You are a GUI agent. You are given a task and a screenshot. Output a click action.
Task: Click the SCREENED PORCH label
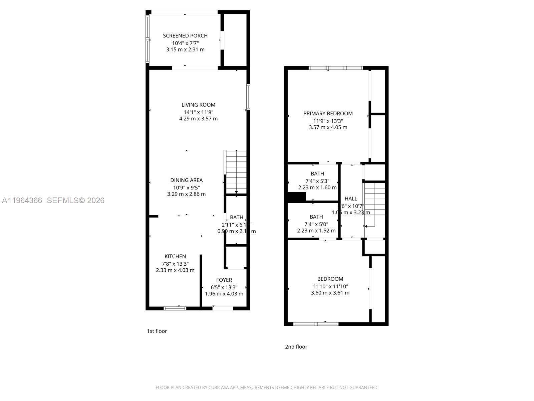point(185,36)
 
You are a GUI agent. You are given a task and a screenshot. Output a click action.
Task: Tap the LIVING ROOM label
point(198,105)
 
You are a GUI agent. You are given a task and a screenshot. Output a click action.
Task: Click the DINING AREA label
point(186,180)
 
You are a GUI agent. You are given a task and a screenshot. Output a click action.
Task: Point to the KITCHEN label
point(175,257)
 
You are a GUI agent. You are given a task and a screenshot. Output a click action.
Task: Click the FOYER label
point(224,280)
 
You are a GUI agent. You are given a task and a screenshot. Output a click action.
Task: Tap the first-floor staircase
point(236,172)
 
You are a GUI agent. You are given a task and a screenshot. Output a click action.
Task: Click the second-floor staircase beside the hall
point(374,204)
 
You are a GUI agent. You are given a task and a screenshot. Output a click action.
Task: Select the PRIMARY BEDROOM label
point(328,114)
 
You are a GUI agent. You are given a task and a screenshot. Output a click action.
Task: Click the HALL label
point(351,199)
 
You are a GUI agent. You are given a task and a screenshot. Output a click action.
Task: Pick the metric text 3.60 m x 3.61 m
point(330,293)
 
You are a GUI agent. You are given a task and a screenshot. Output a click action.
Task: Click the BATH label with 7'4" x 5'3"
point(317,174)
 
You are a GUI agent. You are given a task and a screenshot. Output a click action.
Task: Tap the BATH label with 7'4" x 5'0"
point(316,217)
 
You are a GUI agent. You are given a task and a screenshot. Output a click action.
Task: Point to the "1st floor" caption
point(157,331)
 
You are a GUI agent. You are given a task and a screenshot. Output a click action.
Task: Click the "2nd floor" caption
point(296,347)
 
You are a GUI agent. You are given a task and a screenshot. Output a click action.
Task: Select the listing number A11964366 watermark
point(22,200)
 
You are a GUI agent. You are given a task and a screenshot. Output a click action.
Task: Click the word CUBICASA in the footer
point(218,388)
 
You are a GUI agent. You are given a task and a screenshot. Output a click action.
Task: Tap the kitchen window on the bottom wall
point(175,308)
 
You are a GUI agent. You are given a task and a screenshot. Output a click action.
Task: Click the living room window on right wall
point(248,97)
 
